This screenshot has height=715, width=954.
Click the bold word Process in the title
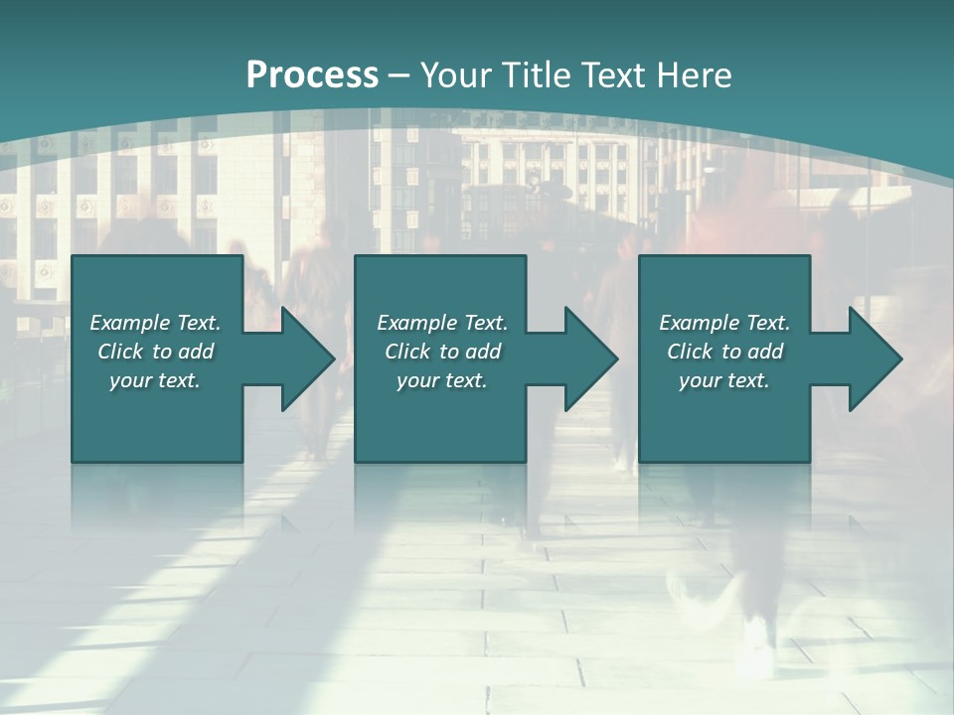312,74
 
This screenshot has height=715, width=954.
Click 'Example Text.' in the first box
155,323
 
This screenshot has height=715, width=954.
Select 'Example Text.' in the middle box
442,323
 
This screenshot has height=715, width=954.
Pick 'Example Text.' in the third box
724,323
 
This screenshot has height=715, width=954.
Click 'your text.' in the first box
155,380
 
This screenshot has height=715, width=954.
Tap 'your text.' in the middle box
442,380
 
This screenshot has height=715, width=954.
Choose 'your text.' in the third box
724,380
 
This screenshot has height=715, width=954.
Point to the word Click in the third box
691,352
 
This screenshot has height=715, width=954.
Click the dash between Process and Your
398,75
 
